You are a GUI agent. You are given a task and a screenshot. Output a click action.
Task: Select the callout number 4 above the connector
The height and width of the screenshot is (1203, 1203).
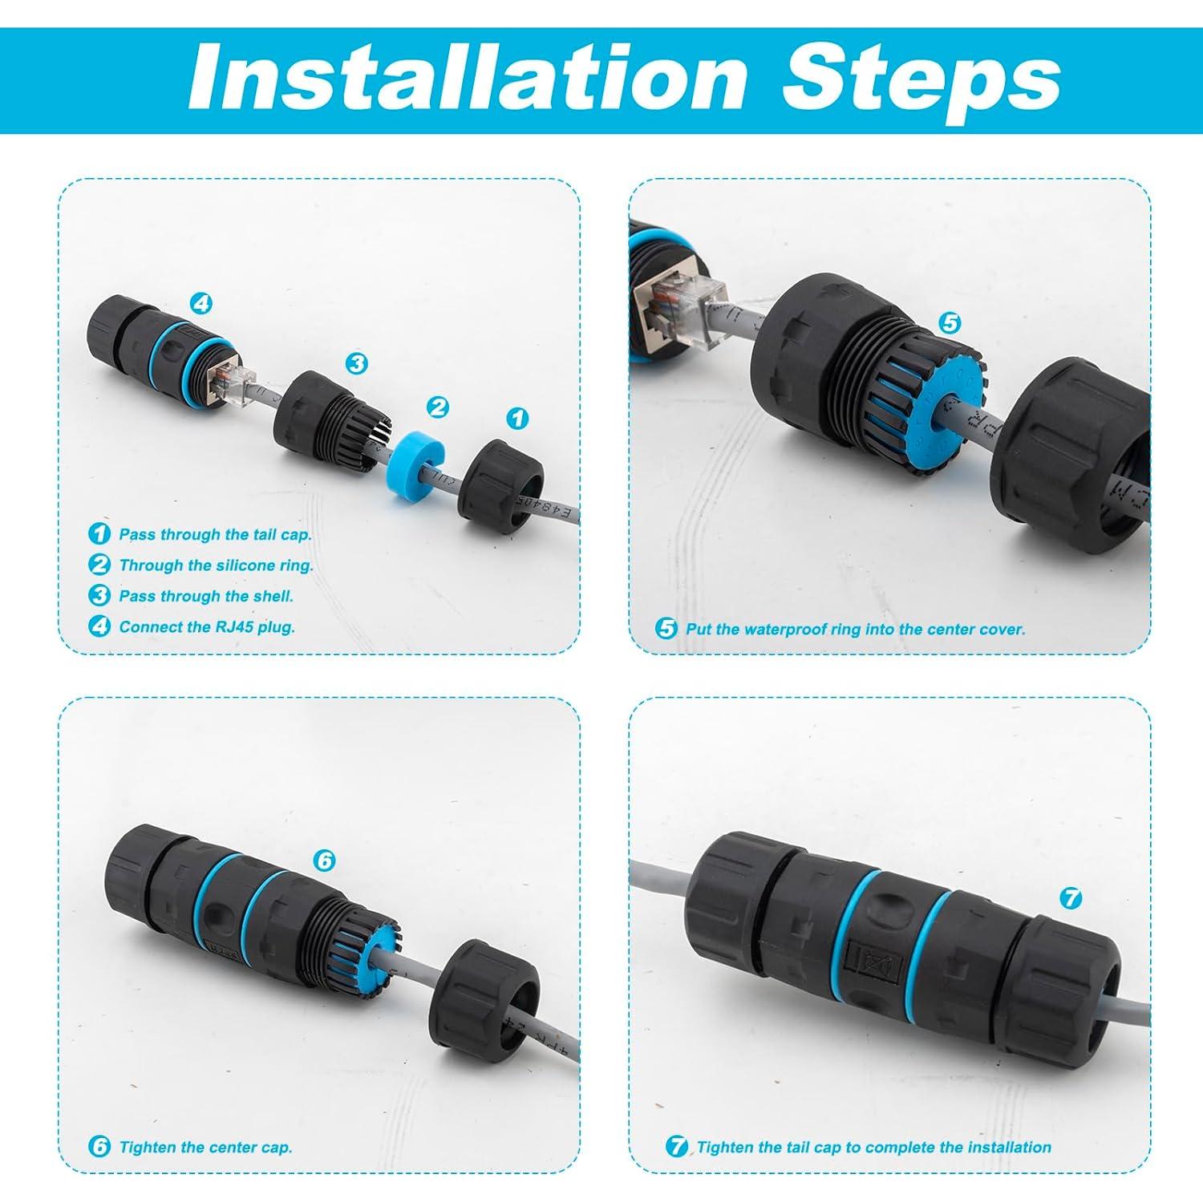(x=200, y=303)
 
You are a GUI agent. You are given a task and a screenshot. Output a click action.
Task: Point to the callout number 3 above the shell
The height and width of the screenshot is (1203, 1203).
(x=356, y=363)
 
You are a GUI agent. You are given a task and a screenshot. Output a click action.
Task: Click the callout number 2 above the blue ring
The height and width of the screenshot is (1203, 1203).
(x=437, y=407)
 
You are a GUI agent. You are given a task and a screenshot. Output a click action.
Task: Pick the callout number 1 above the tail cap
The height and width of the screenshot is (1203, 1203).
(x=518, y=418)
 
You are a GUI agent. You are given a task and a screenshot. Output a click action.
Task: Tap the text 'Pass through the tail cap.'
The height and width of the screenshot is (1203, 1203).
(x=215, y=534)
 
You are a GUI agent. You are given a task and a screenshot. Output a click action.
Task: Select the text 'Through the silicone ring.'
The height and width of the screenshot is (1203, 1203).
(x=216, y=565)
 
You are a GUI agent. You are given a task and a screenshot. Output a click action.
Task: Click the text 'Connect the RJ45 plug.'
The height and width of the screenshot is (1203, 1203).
(x=207, y=627)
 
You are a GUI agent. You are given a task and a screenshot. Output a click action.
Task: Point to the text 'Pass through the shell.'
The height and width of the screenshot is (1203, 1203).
(x=206, y=596)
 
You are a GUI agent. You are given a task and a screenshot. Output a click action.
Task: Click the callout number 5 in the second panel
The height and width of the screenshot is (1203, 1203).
(x=949, y=323)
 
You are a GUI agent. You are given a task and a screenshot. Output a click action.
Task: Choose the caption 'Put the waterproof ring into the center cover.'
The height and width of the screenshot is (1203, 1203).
(x=855, y=630)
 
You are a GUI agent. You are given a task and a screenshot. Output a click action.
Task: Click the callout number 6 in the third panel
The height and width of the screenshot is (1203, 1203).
(x=324, y=861)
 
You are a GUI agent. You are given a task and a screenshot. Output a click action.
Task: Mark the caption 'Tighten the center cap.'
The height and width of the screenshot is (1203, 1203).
(x=205, y=1148)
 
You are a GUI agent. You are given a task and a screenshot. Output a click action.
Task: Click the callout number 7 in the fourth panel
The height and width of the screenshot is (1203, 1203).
(x=1071, y=898)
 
